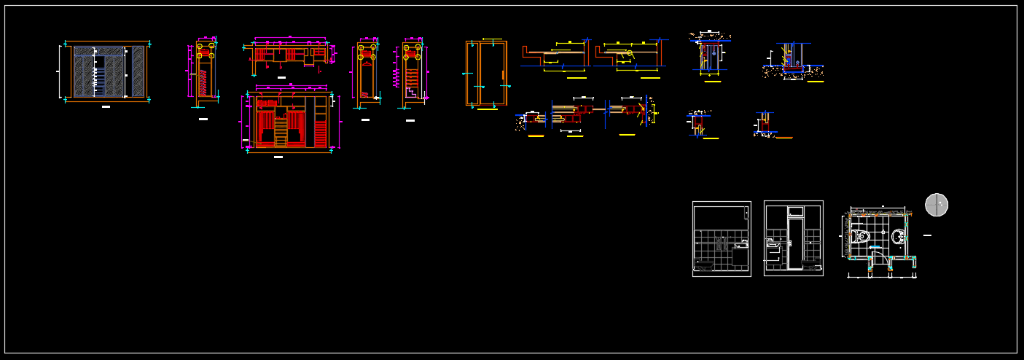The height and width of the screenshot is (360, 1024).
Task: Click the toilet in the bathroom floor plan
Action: click(861, 236)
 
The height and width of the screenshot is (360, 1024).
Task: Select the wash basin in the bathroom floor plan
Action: click(898, 236)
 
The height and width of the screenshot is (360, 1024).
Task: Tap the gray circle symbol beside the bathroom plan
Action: click(937, 205)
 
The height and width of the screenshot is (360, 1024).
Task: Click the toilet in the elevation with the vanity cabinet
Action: click(703, 266)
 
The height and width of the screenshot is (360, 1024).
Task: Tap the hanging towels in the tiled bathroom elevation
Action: click(722, 244)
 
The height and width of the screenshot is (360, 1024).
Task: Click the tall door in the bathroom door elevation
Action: click(794, 244)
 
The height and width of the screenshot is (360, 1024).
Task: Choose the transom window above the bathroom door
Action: click(794, 211)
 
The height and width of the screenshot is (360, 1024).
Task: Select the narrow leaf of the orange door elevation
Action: click(472, 73)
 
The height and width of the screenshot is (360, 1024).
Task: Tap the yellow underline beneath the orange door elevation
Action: click(487, 109)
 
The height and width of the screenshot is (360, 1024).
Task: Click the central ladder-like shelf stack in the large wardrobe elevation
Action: click(281, 131)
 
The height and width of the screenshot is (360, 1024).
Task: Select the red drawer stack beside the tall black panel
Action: click(320, 134)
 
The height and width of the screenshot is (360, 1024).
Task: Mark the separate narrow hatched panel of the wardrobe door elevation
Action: click(138, 71)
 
